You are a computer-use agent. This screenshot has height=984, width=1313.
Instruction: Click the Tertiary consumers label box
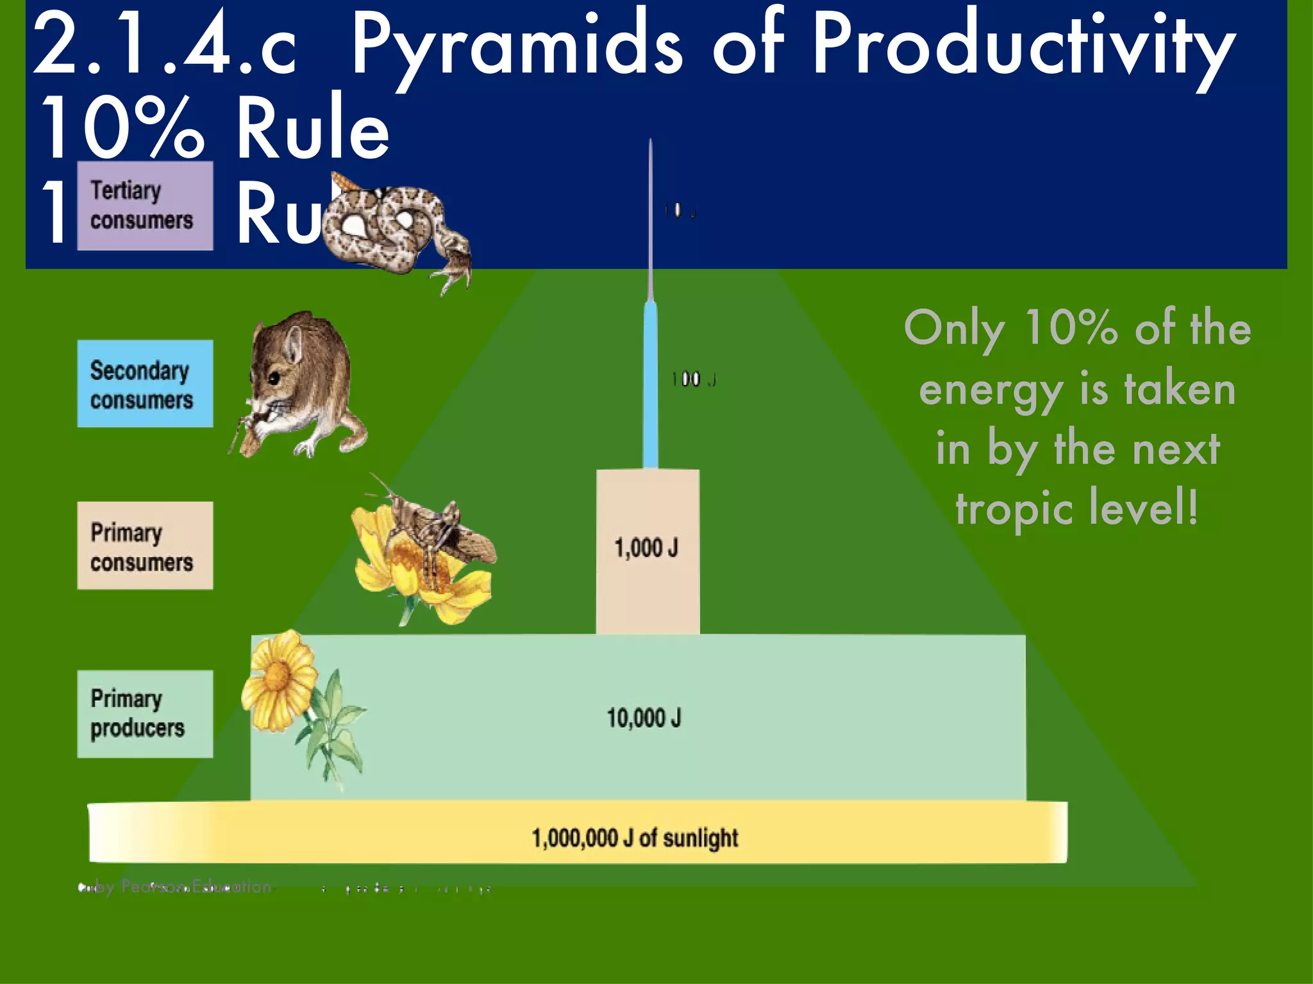click(x=145, y=206)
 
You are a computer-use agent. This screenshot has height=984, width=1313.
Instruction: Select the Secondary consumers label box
click(x=145, y=384)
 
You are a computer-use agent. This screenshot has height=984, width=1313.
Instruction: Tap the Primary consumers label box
click(x=145, y=546)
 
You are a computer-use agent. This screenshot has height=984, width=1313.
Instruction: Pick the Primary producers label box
click(x=145, y=714)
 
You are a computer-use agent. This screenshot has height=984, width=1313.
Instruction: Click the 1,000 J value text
click(x=646, y=548)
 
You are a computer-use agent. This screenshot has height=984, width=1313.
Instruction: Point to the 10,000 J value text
click(x=644, y=717)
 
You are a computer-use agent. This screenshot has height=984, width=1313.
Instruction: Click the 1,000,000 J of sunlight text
click(x=635, y=838)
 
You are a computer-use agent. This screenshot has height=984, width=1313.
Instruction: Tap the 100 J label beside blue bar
click(x=693, y=380)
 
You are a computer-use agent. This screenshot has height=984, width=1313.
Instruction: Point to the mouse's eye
click(x=275, y=378)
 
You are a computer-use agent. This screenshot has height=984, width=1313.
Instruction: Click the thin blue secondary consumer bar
click(x=650, y=384)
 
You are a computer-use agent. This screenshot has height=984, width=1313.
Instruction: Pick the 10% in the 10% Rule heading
click(x=122, y=128)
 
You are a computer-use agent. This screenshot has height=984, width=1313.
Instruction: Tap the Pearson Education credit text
click(x=186, y=887)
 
